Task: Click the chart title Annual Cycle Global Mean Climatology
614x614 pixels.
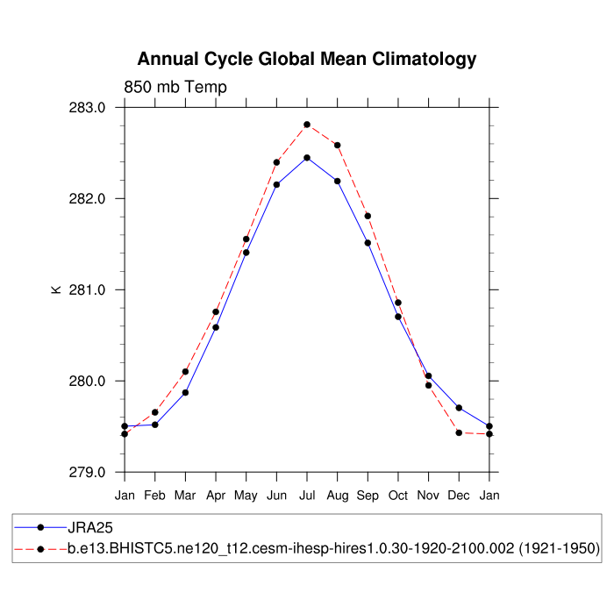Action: coord(307,60)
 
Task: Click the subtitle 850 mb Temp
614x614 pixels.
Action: coord(175,87)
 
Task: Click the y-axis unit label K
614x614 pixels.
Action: coord(57,289)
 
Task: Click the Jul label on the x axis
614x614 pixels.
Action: coord(307,496)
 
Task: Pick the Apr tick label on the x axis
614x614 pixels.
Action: coord(216,496)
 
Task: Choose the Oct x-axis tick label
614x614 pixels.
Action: coord(398,496)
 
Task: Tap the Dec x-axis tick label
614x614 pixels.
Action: coord(459,496)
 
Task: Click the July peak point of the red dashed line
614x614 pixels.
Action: coord(307,125)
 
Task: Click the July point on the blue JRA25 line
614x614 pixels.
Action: coord(307,158)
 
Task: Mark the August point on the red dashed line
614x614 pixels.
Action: coord(338,145)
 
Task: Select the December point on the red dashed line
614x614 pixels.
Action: coord(459,432)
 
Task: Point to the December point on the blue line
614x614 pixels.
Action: coord(459,408)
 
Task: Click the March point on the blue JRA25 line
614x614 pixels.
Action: coord(185,392)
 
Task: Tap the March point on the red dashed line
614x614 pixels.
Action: coord(185,372)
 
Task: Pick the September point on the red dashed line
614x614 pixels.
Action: coord(368,216)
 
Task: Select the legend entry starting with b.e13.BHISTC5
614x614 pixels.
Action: coord(333,548)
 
